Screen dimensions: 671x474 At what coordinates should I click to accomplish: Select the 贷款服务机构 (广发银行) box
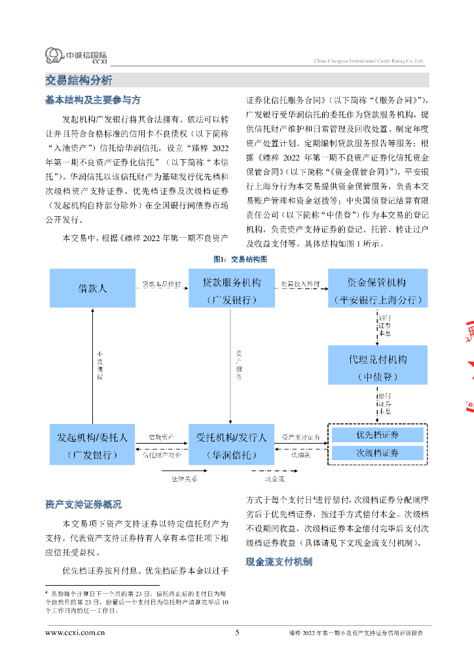pos(231,288)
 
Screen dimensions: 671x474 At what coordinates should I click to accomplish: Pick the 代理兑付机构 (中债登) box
pos(378,364)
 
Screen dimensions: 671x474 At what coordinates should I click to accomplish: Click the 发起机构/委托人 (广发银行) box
pos(92,445)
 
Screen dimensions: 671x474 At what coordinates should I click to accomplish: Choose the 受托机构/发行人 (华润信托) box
pos(231,445)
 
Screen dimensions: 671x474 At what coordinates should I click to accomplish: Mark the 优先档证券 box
pos(378,435)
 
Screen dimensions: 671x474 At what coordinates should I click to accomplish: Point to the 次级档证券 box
pos(378,453)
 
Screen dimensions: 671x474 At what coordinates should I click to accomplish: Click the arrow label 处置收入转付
pos(301,284)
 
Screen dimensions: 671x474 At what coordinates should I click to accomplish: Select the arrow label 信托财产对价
pos(161,454)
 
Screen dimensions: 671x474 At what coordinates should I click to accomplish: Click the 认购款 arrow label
pos(301,454)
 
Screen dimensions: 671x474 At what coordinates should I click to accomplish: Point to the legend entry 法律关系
pos(180,478)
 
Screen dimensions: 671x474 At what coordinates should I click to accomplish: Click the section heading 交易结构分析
pos(79,81)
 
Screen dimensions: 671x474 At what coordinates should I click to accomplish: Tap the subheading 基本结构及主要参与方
pos(92,100)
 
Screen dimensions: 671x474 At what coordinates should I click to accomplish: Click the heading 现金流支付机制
pos(278,562)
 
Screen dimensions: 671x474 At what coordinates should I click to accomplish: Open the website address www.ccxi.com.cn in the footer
pos(75,633)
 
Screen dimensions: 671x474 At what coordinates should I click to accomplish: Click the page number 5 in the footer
pos(237,633)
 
